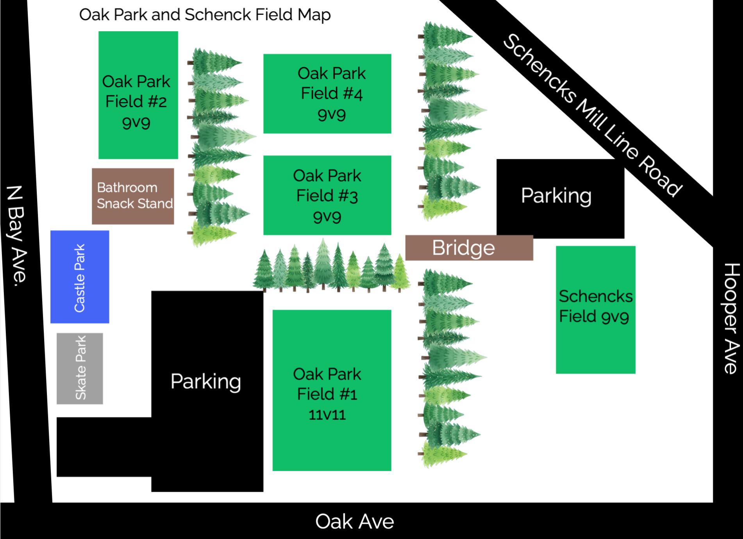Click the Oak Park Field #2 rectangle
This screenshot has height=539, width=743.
(x=138, y=95)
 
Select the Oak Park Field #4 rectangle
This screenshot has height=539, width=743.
(x=327, y=94)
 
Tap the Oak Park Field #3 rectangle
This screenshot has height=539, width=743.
(x=327, y=195)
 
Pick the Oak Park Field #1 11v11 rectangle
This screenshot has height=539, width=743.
(x=332, y=390)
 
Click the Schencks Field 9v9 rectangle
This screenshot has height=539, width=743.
(x=596, y=310)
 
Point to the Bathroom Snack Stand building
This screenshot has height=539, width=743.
(x=133, y=196)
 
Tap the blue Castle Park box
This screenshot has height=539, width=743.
(x=80, y=277)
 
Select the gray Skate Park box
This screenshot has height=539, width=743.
(x=80, y=368)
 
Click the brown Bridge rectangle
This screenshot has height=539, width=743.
(x=469, y=248)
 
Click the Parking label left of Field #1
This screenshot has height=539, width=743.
(x=206, y=381)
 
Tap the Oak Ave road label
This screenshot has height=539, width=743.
(x=355, y=521)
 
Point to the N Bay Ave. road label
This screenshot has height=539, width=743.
(x=17, y=236)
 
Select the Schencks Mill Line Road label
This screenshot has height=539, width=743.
(x=593, y=116)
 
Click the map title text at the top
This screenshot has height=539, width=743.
(x=205, y=15)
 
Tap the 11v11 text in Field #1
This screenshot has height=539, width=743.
(x=327, y=415)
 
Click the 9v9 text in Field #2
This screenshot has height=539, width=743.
(x=136, y=122)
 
